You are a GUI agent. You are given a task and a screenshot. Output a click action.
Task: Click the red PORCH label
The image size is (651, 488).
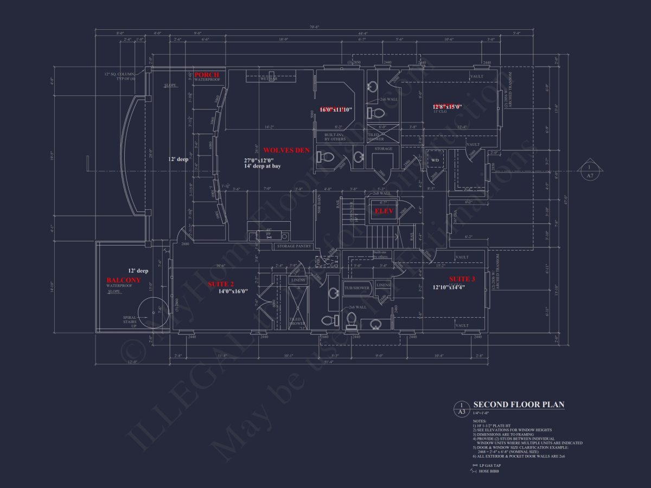pyautogui.click(x=207, y=75)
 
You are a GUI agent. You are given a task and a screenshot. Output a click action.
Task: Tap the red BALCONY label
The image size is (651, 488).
pyautogui.click(x=123, y=280)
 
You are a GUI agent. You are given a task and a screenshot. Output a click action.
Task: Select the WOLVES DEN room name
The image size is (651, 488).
pyautogui.click(x=286, y=150)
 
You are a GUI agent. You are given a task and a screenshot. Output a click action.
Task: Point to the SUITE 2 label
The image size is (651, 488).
pyautogui.click(x=221, y=284)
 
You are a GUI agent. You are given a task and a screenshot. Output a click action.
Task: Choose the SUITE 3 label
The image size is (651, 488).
pyautogui.click(x=462, y=279)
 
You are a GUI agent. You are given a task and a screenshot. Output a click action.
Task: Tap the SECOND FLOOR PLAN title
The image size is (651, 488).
pyautogui.click(x=519, y=404)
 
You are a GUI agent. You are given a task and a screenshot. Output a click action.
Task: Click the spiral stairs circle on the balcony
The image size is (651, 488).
pyautogui.click(x=152, y=313)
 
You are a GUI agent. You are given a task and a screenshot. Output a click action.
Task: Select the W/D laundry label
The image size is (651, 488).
pyautogui.click(x=435, y=160)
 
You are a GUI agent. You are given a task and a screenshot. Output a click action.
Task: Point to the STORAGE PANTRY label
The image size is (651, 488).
pyautogui.click(x=294, y=246)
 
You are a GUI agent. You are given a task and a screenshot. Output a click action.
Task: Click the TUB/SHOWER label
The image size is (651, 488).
pyautogui.click(x=357, y=287)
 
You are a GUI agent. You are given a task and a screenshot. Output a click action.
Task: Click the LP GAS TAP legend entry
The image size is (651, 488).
pyautogui.click(x=488, y=466)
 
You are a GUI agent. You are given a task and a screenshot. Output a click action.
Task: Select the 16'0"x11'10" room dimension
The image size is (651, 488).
pyautogui.click(x=336, y=110)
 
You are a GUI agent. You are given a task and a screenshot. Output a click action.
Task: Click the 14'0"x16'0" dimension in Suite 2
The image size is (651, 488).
pyautogui.click(x=233, y=291)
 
